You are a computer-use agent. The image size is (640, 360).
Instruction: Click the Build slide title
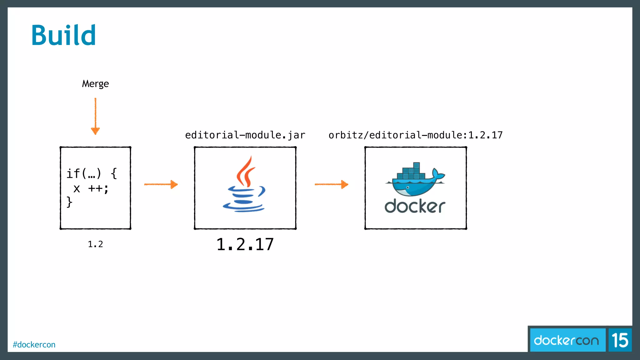pyautogui.click(x=63, y=35)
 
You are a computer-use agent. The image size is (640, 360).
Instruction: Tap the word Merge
pyautogui.click(x=95, y=84)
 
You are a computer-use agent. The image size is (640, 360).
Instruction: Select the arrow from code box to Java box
pyautogui.click(x=161, y=184)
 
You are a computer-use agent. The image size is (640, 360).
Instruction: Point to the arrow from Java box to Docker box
pyautogui.click(x=331, y=184)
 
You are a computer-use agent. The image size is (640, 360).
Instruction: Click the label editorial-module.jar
pyautogui.click(x=245, y=135)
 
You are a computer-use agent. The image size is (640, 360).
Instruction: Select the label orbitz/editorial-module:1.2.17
pyautogui.click(x=415, y=135)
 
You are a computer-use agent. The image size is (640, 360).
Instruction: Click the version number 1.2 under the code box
pyautogui.click(x=95, y=244)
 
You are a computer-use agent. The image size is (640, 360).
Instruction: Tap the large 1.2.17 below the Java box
pyautogui.click(x=245, y=244)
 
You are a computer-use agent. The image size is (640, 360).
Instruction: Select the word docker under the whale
pyautogui.click(x=415, y=206)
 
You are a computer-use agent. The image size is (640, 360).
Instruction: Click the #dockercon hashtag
pyautogui.click(x=34, y=344)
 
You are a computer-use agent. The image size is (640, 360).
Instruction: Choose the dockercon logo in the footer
pyautogui.click(x=566, y=340)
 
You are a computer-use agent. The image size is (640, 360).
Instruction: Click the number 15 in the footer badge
pyautogui.click(x=620, y=340)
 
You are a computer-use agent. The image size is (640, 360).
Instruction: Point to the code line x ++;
pyautogui.click(x=91, y=188)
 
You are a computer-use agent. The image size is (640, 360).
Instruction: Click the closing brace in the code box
pyautogui.click(x=69, y=202)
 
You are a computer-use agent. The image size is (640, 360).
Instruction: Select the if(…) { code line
pyautogui.click(x=92, y=173)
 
